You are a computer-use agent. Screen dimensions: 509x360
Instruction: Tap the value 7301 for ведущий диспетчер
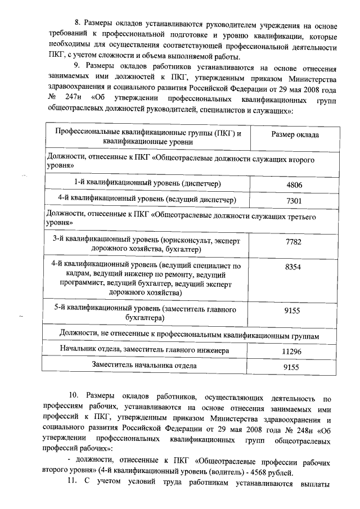coord(294,200)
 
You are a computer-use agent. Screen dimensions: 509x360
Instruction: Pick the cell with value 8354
coord(294,268)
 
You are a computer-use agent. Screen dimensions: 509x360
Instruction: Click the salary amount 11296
coord(294,352)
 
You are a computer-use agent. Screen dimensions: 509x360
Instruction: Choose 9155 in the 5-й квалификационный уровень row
coord(294,310)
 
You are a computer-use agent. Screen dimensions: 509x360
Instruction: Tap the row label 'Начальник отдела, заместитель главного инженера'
coord(145,351)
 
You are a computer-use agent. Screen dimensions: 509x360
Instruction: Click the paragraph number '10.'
coord(73,400)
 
